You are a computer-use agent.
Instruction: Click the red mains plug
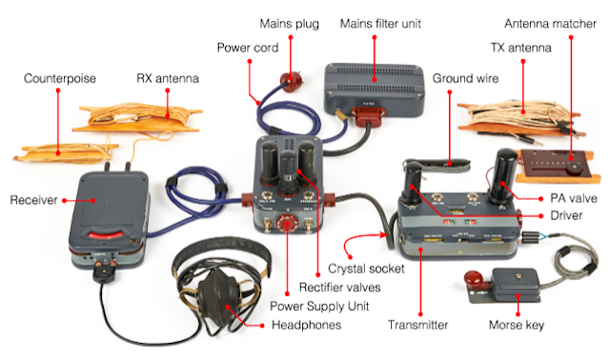click(x=292, y=82)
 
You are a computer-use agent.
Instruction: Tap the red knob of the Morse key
click(x=473, y=278)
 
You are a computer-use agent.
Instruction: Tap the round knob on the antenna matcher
click(x=572, y=169)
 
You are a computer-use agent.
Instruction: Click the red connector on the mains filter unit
click(x=368, y=115)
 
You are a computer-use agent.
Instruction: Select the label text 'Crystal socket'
click(x=366, y=269)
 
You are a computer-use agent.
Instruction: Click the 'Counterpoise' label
click(x=59, y=78)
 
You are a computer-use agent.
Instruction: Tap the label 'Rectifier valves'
click(x=339, y=288)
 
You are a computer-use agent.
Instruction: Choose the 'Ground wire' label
click(x=465, y=78)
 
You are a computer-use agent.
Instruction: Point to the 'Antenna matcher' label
click(x=550, y=24)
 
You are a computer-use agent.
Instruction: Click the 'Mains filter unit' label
click(x=380, y=24)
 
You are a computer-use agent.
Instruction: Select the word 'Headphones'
click(x=306, y=325)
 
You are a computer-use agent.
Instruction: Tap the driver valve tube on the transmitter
click(x=412, y=184)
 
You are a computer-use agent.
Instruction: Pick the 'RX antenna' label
click(x=168, y=78)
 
